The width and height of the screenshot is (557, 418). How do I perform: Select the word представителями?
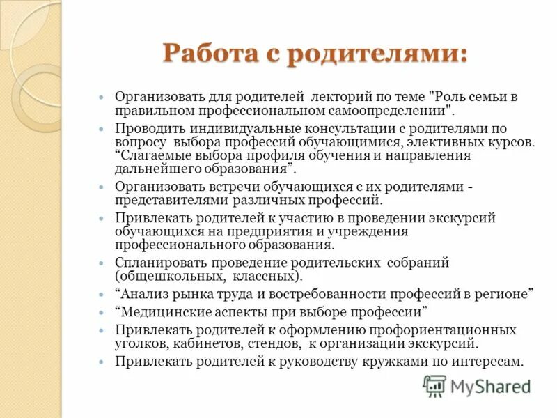[x=166, y=200]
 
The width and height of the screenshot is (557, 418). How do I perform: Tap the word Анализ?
[x=143, y=294]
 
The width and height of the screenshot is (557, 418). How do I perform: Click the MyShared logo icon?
[x=435, y=385]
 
